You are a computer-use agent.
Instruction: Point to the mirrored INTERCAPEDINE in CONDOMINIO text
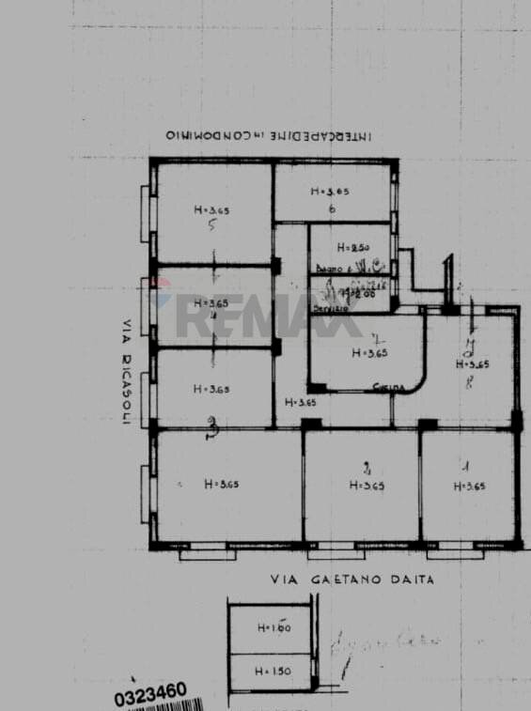(x=269, y=135)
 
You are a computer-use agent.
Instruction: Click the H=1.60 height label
(x=273, y=627)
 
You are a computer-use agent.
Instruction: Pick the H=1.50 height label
(x=273, y=672)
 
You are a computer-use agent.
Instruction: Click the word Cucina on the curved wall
(x=383, y=386)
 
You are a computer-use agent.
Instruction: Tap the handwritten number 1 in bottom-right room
(x=466, y=465)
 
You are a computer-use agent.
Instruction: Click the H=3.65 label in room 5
(x=211, y=209)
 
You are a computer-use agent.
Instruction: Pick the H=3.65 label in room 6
(x=330, y=191)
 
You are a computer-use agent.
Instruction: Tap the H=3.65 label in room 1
(x=468, y=486)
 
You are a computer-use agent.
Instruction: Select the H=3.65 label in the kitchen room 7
(x=368, y=354)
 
